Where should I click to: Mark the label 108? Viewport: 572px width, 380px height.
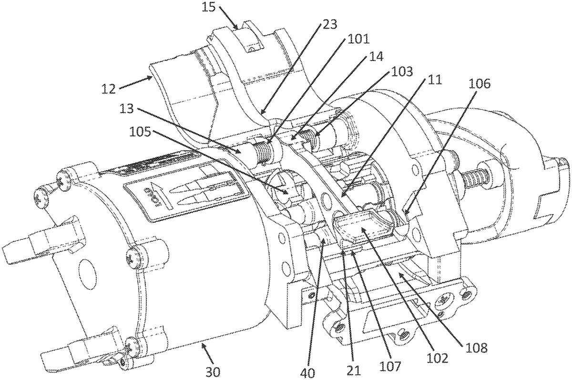click(477, 347)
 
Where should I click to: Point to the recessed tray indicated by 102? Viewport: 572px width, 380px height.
click(361, 231)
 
